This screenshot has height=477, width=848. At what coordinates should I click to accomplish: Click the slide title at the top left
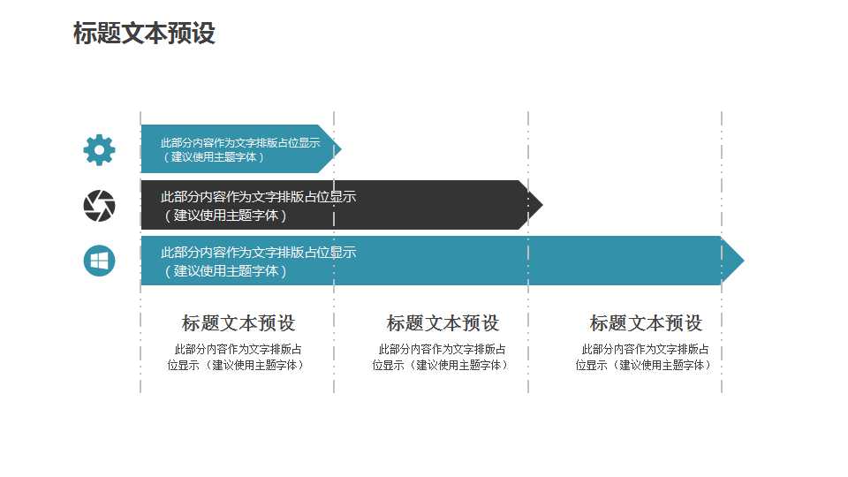144,33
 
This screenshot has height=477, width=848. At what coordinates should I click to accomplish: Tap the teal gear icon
100,150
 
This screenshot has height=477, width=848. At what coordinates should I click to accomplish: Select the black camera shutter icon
100,206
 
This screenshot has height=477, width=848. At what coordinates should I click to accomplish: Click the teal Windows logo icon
100,261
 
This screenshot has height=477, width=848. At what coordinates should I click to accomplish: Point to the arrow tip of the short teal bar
341,148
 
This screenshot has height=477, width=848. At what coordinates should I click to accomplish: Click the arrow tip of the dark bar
542,204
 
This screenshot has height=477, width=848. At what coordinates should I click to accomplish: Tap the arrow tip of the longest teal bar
744,261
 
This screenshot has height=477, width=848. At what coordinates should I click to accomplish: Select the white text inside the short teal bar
240,150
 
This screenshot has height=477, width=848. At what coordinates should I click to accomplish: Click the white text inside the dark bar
258,206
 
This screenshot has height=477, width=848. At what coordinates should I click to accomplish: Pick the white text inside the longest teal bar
258,261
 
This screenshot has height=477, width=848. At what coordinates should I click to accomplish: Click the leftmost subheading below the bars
238,323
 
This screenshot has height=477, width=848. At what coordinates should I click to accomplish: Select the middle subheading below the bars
443,323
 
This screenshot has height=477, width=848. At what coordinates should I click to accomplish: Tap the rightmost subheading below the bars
646,323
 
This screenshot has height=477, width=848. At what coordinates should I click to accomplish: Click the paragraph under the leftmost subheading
237,357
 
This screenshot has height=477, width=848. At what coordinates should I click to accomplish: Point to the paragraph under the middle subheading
441,357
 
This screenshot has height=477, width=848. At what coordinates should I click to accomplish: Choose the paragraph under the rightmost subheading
644,357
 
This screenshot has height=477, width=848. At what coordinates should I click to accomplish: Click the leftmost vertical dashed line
140,253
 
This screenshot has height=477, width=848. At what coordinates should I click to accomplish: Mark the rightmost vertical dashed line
722,253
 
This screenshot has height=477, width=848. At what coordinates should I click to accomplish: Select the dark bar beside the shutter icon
342,205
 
